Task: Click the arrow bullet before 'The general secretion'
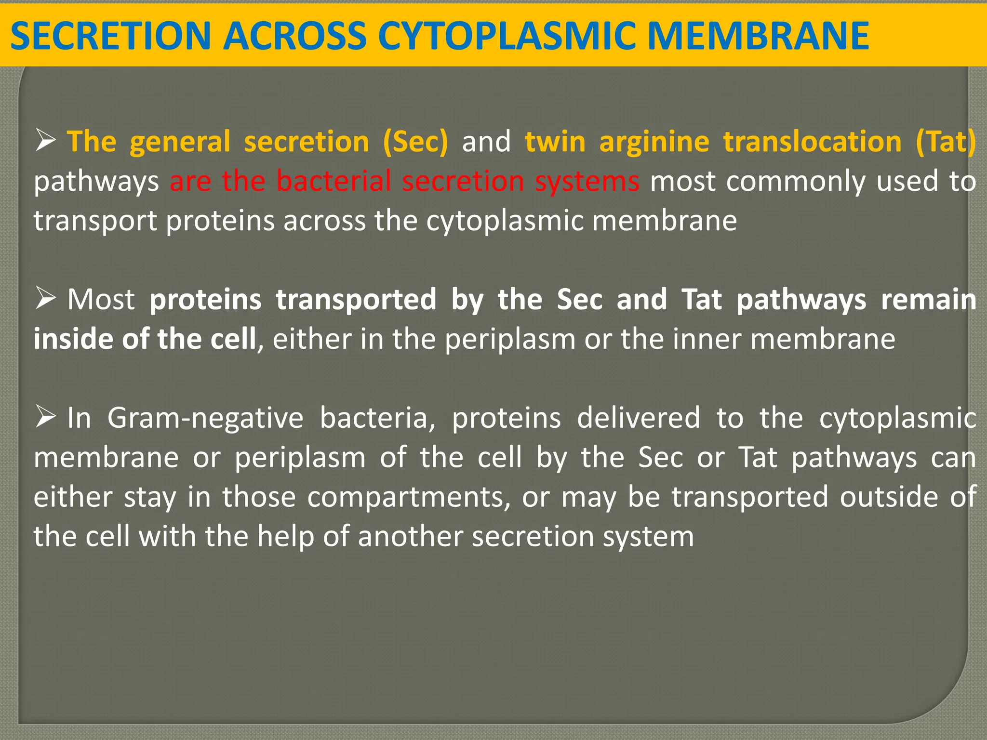[x=45, y=142]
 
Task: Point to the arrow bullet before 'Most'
[x=45, y=299]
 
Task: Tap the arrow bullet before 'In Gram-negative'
[x=45, y=417]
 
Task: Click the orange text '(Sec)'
[x=415, y=142]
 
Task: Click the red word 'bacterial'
[x=334, y=181]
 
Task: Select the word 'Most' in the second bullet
[x=101, y=299]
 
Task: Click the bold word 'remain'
[x=928, y=299]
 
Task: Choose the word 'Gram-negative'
[x=205, y=418]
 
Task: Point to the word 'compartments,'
[x=409, y=497]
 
